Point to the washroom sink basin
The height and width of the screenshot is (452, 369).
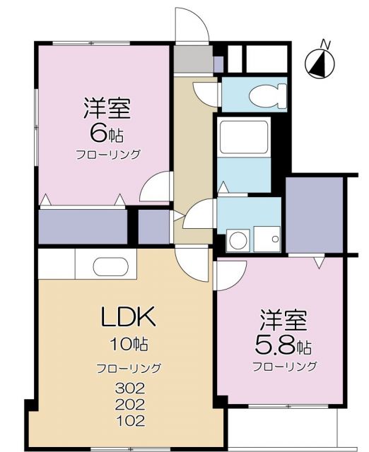tap(268, 239)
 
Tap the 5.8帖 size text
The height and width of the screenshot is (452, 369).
tap(283, 345)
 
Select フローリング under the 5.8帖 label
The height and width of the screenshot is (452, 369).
tap(284, 366)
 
